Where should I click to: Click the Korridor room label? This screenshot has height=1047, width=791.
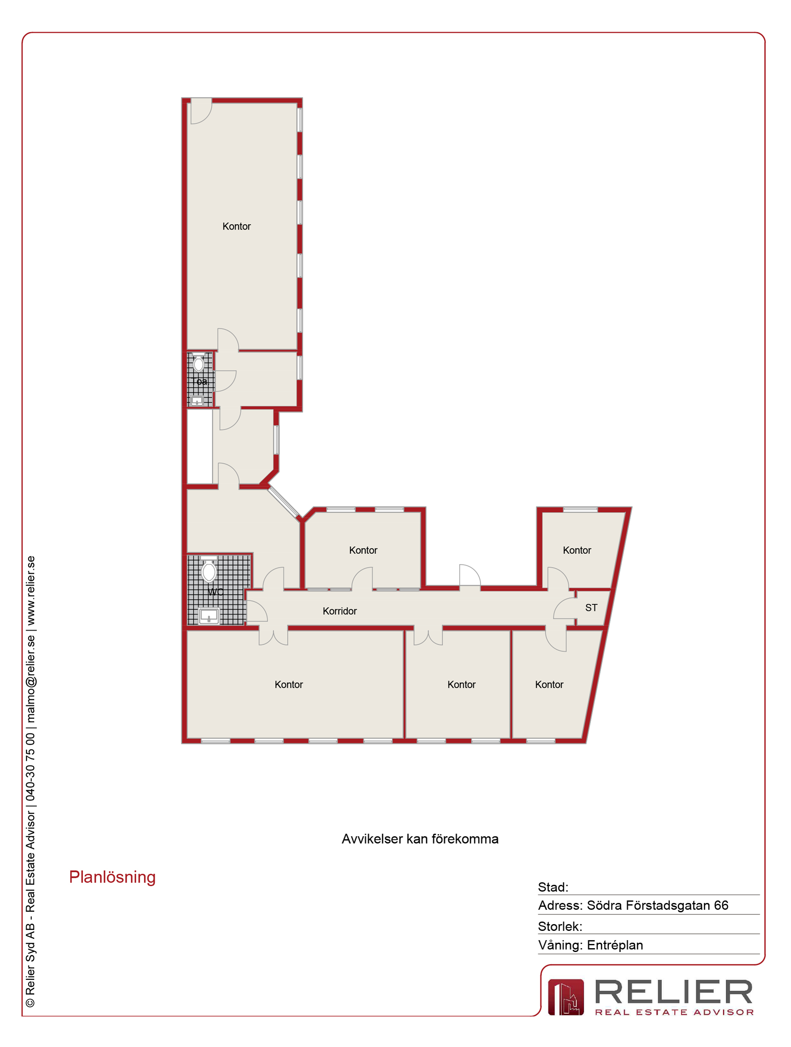point(340,611)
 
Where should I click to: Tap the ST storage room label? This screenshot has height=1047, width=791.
point(591,608)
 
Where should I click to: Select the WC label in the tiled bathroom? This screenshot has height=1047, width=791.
point(215,591)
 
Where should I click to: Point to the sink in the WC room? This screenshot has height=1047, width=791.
point(209,616)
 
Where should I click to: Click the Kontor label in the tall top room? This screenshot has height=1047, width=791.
point(236,226)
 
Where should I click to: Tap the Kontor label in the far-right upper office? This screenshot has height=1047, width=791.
point(577,550)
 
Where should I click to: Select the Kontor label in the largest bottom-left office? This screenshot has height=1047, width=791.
point(289,684)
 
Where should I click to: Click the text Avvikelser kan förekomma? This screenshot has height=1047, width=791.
point(420,839)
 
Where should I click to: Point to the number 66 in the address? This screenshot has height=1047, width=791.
point(721,905)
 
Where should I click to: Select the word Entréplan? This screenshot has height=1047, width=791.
point(615,945)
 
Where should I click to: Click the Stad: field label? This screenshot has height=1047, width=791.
point(553,887)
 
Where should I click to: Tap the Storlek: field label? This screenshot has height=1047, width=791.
point(560,926)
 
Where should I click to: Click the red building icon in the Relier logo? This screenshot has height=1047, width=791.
point(565,997)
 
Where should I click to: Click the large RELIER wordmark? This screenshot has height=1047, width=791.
point(674,992)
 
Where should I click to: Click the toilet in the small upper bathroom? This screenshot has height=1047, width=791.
point(199,363)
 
